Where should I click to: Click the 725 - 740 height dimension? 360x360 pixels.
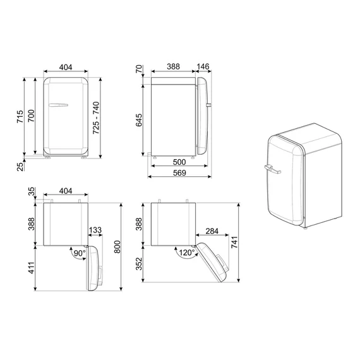(x=96, y=117)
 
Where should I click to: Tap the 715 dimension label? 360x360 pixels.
(x=20, y=116)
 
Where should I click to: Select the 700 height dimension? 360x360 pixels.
(x=31, y=116)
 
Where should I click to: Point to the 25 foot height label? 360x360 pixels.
(x=20, y=167)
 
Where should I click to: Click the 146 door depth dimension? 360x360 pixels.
(x=203, y=66)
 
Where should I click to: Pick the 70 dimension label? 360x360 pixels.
(x=139, y=69)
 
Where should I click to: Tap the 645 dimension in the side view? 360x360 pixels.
(x=139, y=120)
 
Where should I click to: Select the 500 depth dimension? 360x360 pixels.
(x=179, y=162)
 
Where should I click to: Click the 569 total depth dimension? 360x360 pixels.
(x=179, y=172)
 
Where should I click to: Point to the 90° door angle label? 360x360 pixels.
(x=80, y=253)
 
